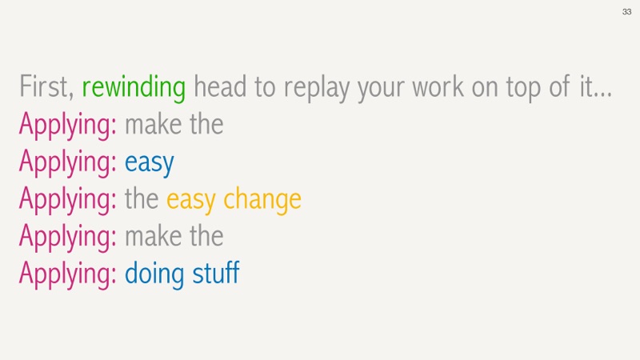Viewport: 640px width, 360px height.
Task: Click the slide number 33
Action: pyautogui.click(x=626, y=12)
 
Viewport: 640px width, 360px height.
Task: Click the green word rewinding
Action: pyautogui.click(x=134, y=87)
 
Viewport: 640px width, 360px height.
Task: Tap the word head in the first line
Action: pyautogui.click(x=220, y=86)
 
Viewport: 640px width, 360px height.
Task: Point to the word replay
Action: pyautogui.click(x=317, y=88)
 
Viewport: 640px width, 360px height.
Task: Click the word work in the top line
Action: pyautogui.click(x=438, y=87)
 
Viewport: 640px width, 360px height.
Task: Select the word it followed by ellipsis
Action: pyautogui.click(x=596, y=87)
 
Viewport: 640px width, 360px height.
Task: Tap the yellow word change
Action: pyautogui.click(x=262, y=200)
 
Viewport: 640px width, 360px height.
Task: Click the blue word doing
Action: pyautogui.click(x=154, y=274)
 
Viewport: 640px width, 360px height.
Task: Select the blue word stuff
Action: pyautogui.click(x=216, y=273)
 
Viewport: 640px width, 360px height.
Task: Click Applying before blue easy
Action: pyautogui.click(x=68, y=162)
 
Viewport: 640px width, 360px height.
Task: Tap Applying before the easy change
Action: pyautogui.click(x=68, y=200)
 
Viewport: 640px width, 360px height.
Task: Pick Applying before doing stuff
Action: pyautogui.click(x=68, y=274)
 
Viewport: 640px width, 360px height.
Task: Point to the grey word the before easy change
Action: pyautogui.click(x=142, y=198)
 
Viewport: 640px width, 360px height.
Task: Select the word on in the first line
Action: pyautogui.click(x=485, y=89)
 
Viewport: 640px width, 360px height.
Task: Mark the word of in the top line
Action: pyautogui.click(x=559, y=86)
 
